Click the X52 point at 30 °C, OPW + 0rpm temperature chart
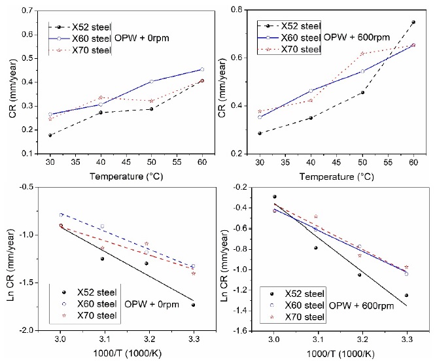coord(50,135)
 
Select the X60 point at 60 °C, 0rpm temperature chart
coord(202,69)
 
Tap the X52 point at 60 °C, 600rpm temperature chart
coord(413,22)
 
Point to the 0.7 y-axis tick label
coord(27,11)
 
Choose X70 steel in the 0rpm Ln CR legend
coord(93,316)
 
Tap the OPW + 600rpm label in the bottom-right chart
coord(358,305)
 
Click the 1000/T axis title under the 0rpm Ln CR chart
coord(126,353)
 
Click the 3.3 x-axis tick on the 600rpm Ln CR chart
coord(406,340)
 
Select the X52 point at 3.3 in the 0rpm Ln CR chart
coord(194,305)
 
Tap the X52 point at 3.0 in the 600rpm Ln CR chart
coord(275,197)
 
